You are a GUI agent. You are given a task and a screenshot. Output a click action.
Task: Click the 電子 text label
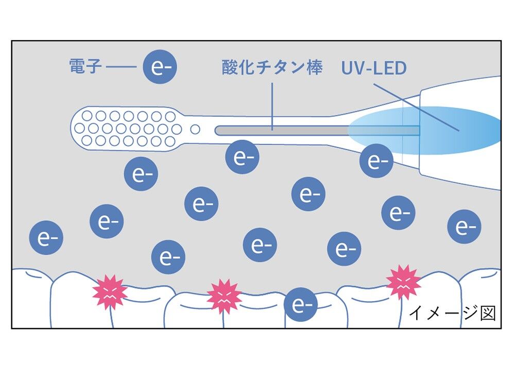coord(85,66)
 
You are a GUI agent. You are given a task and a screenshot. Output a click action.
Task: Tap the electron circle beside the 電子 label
coord(160,67)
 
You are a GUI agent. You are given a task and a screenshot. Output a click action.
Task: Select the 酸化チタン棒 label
coord(272,67)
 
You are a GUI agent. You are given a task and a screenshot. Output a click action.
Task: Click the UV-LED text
coord(373,68)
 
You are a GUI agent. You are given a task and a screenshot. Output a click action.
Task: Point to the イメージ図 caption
coord(452,313)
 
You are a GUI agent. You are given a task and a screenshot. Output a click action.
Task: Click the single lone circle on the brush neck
coord(195,129)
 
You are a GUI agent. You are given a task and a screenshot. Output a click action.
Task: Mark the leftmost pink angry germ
coord(110,292)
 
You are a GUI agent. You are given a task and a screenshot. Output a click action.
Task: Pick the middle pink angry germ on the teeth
coord(224,296)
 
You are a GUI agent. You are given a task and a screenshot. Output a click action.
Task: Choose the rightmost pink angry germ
coord(403,282)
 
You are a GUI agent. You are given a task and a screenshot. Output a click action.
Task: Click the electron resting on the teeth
coord(300,304)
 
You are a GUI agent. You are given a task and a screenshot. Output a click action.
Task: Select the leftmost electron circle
coord(46,239)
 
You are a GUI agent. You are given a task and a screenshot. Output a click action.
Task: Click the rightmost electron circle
coord(464,227)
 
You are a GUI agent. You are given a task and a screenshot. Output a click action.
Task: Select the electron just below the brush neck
coord(242,157)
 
